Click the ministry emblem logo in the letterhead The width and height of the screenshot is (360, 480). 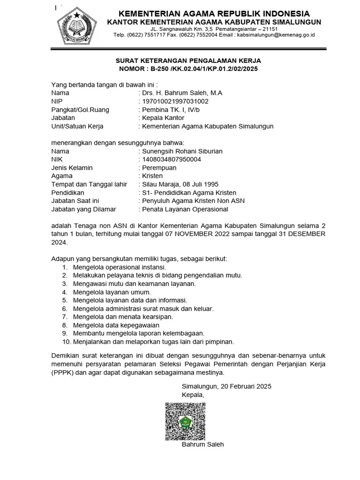click(x=76, y=25)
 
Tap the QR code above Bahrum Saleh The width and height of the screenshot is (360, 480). click(x=185, y=421)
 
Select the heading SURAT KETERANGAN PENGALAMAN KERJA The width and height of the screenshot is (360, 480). click(x=188, y=60)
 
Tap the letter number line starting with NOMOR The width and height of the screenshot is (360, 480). click(x=188, y=69)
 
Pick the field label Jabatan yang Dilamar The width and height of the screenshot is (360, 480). click(x=84, y=209)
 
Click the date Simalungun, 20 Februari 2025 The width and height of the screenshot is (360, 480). click(x=226, y=386)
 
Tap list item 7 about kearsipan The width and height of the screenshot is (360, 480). click(x=123, y=316)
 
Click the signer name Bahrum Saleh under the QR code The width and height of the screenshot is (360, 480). click(x=203, y=444)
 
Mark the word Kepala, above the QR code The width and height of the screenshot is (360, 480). click(x=193, y=395)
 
